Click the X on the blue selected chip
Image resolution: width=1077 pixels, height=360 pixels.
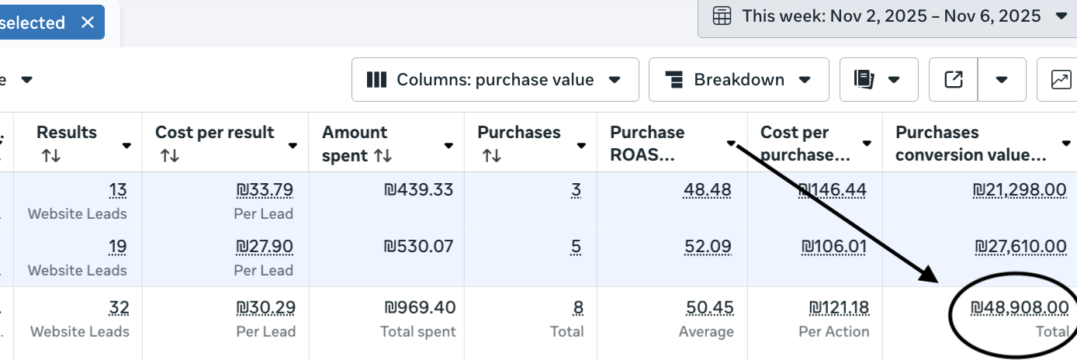click(x=88, y=22)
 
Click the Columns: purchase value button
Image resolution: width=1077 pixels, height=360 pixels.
click(x=495, y=80)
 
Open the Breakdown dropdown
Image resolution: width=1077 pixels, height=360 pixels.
click(x=739, y=80)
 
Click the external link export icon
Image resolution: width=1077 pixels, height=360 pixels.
click(x=954, y=80)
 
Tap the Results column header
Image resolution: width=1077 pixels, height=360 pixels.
click(x=67, y=132)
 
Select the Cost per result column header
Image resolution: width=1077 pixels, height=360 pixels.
click(x=214, y=132)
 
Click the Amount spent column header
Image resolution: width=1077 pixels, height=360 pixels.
click(x=355, y=144)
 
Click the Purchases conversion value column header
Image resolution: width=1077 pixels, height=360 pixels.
click(x=971, y=144)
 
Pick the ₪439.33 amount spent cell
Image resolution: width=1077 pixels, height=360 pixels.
click(x=419, y=190)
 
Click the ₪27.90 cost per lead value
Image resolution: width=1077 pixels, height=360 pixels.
click(x=265, y=247)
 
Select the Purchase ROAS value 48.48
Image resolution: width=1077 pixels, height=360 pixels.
click(x=707, y=190)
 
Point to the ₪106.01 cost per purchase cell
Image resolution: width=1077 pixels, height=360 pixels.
click(x=833, y=247)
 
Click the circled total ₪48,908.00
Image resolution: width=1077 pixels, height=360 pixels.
click(x=1020, y=307)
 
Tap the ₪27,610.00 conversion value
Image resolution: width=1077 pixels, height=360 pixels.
click(x=1021, y=247)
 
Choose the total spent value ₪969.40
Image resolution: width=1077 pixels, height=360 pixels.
click(x=421, y=307)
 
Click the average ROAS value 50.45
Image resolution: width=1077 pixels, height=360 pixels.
click(x=710, y=307)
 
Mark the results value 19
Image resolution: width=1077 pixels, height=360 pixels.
click(x=118, y=247)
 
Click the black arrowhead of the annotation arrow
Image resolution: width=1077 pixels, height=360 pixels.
click(x=930, y=275)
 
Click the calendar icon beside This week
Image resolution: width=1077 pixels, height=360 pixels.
click(x=722, y=16)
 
